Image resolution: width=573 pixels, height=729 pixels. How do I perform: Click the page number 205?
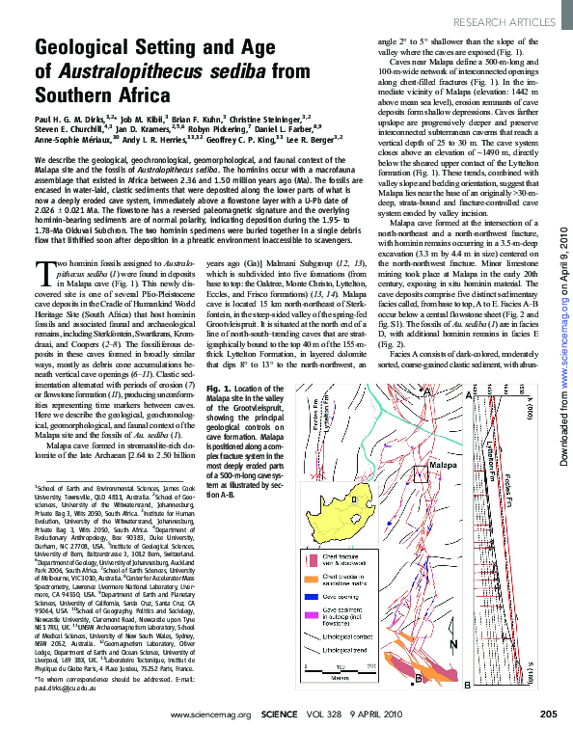click(x=548, y=714)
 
